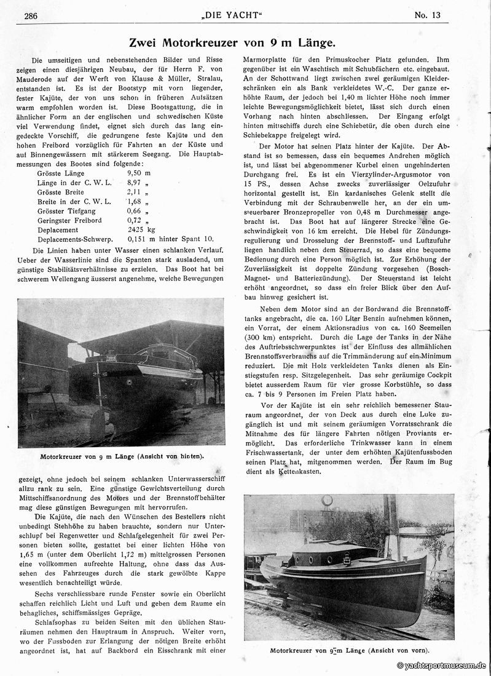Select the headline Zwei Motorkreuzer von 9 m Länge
[232, 42]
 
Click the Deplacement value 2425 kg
[142, 229]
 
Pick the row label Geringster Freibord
[69, 220]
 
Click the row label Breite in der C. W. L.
[74, 201]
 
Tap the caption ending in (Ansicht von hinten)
[121, 456]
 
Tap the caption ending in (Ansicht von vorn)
[350, 650]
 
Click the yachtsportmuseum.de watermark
[442, 666]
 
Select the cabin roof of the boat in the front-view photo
[335, 546]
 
